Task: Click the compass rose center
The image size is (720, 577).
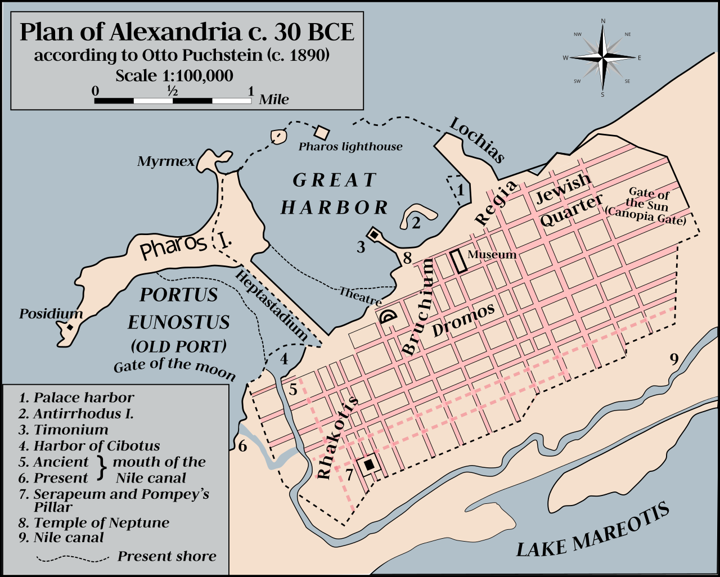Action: (603, 57)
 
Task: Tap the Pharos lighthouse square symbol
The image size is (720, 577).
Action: (321, 133)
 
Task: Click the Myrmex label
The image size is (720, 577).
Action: (166, 162)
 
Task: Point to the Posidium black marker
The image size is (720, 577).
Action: (70, 327)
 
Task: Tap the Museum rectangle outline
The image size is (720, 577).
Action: (459, 261)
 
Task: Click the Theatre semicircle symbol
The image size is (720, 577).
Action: (388, 317)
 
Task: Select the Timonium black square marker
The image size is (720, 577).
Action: (373, 233)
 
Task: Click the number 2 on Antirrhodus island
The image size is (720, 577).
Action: (416, 223)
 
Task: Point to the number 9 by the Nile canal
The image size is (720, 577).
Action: (674, 359)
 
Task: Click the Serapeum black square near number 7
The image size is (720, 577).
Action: (369, 465)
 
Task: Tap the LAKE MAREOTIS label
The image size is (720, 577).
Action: (593, 531)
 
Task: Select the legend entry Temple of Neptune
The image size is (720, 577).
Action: (101, 522)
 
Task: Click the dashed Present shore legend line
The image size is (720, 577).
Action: (73, 558)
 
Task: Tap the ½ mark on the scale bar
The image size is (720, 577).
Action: (172, 91)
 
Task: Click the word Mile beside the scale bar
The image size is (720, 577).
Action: (274, 100)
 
